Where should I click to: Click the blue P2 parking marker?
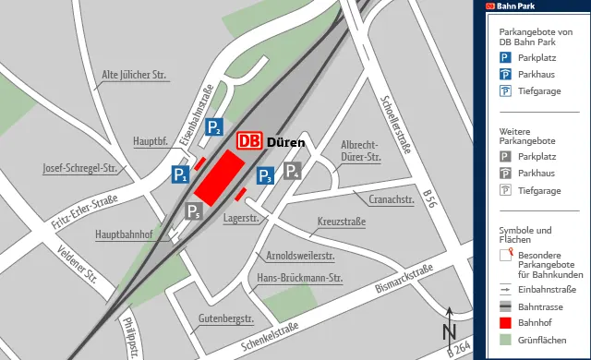coord(213,128)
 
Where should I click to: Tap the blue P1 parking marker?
coord(180,174)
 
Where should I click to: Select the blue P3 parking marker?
coord(264,175)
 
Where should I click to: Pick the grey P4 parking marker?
coord(293,171)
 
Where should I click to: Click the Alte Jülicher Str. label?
coord(133,75)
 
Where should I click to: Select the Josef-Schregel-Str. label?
coord(84,169)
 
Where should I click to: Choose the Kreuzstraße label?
coord(342,223)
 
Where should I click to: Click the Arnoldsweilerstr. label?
coord(300,255)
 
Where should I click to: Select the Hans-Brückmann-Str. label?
coord(300,278)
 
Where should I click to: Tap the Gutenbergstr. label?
coord(226,319)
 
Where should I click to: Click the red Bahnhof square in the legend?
coord(505,322)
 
